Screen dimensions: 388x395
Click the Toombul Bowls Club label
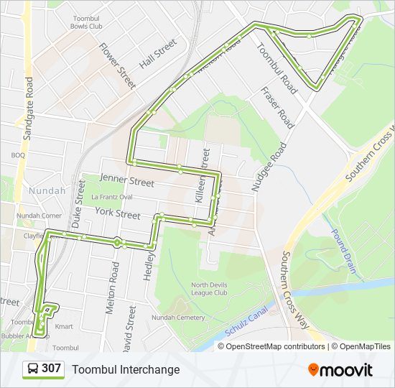[x=87, y=22]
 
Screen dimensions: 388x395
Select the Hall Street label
[x=157, y=54]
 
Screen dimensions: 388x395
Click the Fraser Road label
[x=277, y=107]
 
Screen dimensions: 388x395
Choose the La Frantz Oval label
[x=111, y=197]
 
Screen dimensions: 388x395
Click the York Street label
[x=118, y=214]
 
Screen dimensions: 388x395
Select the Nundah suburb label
[x=47, y=191]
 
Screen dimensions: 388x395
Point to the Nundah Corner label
[x=39, y=215]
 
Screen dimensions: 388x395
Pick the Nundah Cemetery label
[x=178, y=317]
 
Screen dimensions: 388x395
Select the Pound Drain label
[x=343, y=251]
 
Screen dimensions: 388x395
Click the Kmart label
[x=65, y=327]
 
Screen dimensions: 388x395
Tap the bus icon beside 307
[x=32, y=369]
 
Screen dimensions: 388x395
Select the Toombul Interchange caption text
[x=126, y=369]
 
